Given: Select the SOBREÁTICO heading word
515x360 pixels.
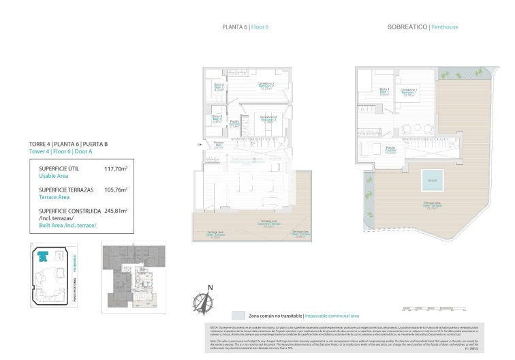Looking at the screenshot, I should click(407, 27).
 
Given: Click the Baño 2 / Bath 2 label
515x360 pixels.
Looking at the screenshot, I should click(219, 87).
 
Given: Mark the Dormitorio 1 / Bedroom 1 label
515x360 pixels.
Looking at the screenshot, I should click(409, 92).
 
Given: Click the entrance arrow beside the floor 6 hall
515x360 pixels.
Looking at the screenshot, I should click(198, 144).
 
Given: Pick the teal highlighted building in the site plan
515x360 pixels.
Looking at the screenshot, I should click(43, 256).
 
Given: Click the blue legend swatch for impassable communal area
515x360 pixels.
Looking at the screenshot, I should click(238, 316).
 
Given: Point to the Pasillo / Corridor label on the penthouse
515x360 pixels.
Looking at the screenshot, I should click(390, 149).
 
